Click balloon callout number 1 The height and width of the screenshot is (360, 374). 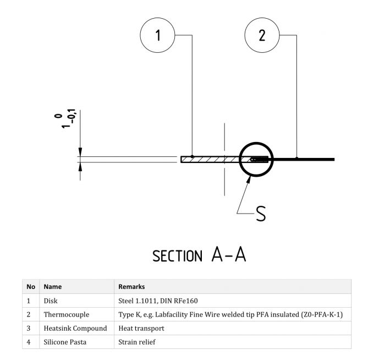point(158,36)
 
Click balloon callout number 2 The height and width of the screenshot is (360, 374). point(262,36)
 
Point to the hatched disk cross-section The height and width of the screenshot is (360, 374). point(209,160)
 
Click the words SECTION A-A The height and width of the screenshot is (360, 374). point(199,255)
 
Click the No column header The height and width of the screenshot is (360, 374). point(31,287)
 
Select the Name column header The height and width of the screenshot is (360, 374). point(53,287)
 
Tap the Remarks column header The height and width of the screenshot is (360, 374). point(131,287)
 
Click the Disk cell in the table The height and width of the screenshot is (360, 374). point(51,301)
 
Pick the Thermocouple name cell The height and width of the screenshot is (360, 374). point(66,315)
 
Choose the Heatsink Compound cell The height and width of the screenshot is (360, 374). point(75,328)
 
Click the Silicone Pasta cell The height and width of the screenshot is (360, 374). point(65,342)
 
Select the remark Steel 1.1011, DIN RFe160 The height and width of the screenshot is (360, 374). point(158,301)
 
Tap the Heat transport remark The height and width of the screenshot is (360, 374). point(141,328)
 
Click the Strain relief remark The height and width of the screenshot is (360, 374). point(137,342)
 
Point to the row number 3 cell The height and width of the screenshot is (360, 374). point(29,328)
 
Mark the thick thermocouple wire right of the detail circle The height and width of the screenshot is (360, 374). point(308,160)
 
